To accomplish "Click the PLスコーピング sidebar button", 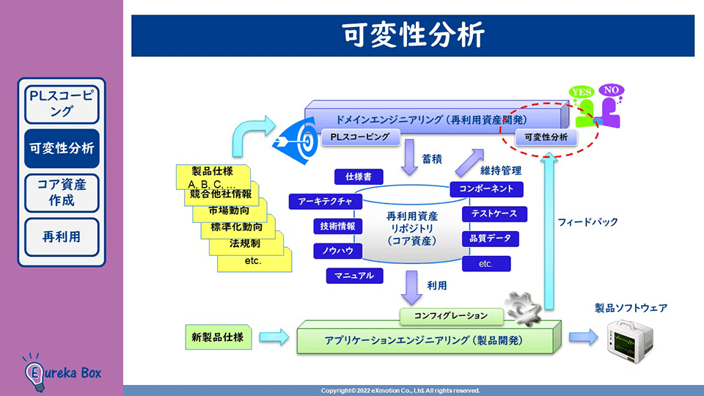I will coord(62,103).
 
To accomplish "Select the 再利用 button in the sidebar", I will coord(62,236).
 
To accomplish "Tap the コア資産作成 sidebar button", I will coord(62,192).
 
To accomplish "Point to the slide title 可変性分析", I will coord(412,35).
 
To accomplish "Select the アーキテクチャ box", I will coord(325,201).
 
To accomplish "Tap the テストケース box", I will coord(494,214).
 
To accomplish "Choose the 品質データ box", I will coord(490,238).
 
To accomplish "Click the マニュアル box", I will coord(354,276).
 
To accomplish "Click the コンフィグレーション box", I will coord(450,316).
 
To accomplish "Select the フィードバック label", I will coord(587,221).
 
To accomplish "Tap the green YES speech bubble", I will coord(582,92).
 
